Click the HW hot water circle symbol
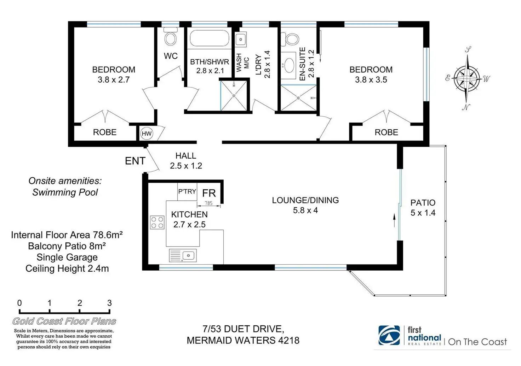[147, 134]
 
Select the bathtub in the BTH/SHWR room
[210, 38]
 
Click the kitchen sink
[183, 255]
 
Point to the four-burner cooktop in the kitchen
[157, 222]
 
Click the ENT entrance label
[135, 161]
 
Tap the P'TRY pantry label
[187, 191]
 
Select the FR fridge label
[209, 193]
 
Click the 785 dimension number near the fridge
[208, 203]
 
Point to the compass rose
[468, 78]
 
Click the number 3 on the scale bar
[110, 303]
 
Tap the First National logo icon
[389, 335]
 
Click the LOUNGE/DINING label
[305, 200]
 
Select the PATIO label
[423, 203]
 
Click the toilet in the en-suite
[290, 39]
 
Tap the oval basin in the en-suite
[289, 65]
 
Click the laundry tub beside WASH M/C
[240, 40]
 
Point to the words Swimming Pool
[65, 192]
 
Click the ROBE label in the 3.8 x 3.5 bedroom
[387, 132]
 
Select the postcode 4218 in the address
[289, 340]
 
